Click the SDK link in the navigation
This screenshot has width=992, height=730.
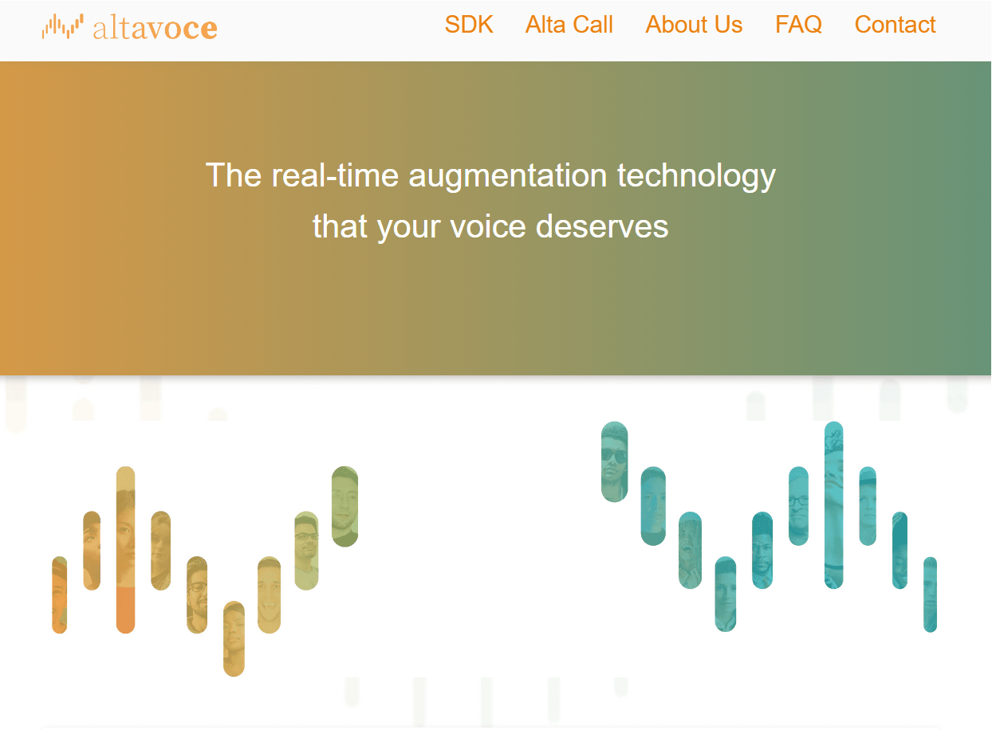pos(469,25)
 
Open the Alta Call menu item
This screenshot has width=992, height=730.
pos(569,25)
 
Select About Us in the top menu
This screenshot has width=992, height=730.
pos(694,25)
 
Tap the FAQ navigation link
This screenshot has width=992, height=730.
pos(798,25)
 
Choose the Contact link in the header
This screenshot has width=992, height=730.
pos(895,25)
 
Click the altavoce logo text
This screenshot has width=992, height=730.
pos(155,28)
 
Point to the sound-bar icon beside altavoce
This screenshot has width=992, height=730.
pos(62,26)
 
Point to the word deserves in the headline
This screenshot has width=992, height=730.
pos(602,227)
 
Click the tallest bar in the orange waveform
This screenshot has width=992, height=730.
pos(125,550)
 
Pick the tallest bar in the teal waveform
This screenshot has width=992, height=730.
pos(833,505)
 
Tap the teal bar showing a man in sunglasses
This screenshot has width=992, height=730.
pos(614,462)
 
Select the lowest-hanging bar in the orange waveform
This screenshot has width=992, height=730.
pos(234,638)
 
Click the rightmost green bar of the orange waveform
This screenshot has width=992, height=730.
pos(344,507)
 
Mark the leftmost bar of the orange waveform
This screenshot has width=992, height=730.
pos(59,595)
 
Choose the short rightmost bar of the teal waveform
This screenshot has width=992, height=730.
pos(930,595)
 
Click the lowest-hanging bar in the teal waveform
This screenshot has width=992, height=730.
pos(725,594)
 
